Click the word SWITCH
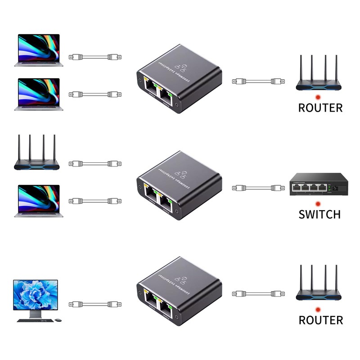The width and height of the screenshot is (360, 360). [x=319, y=214]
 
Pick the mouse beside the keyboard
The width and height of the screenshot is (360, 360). [x=58, y=320]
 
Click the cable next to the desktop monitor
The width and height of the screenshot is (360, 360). [x=95, y=304]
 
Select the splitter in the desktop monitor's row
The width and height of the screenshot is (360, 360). [x=179, y=292]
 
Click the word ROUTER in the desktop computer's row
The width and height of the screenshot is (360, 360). [x=320, y=320]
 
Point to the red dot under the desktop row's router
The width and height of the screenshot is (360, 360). [x=318, y=310]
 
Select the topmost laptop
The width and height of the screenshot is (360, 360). [x=38, y=49]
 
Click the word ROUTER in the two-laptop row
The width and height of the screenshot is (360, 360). [x=320, y=108]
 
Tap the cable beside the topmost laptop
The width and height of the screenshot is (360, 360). [x=95, y=57]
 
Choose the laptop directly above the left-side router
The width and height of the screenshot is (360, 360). [x=38, y=94]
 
